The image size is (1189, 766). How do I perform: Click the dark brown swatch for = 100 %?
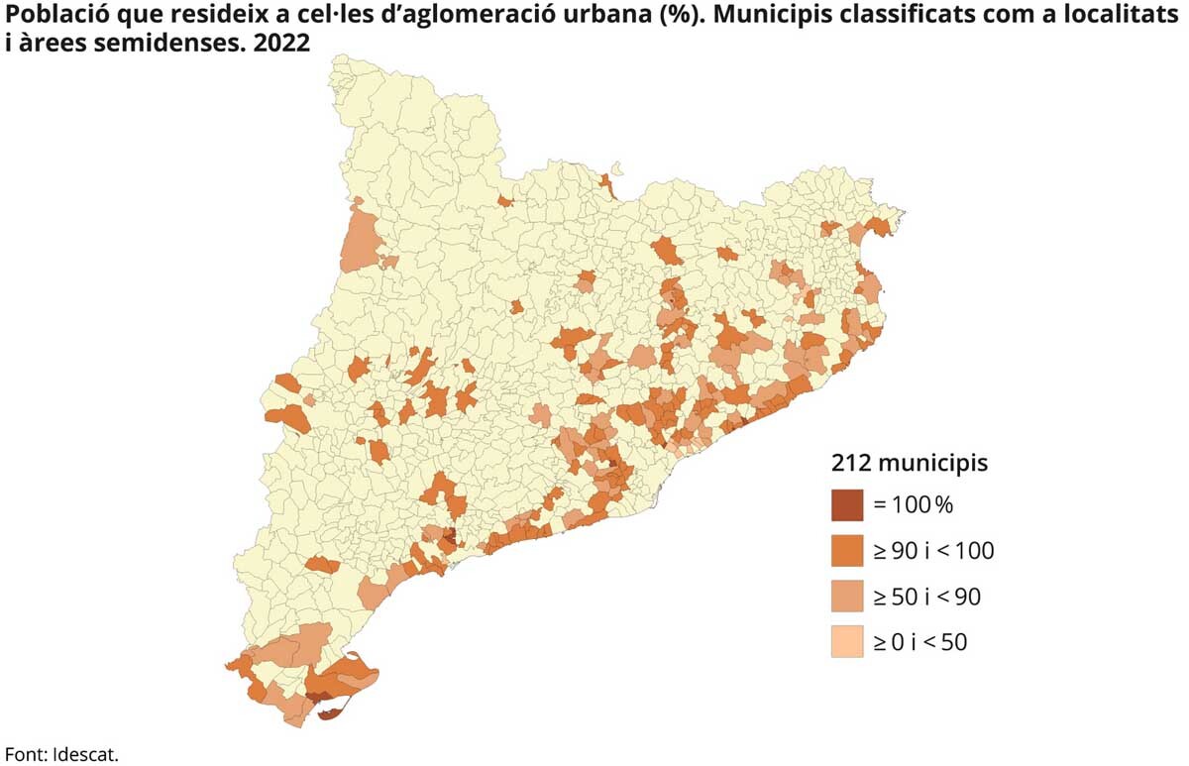pos(848,505)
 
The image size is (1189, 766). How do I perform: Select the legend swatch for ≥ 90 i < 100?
pos(848,551)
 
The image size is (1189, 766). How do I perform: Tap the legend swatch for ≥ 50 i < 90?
pos(848,597)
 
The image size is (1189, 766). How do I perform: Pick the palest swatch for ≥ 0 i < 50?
pos(848,642)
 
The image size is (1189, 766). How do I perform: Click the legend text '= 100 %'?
pos(913,505)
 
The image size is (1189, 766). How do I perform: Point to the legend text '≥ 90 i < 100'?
pos(932,551)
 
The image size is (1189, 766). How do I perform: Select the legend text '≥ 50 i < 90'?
pos(926,597)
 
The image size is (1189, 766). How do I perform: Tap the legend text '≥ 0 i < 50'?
pos(919,642)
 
